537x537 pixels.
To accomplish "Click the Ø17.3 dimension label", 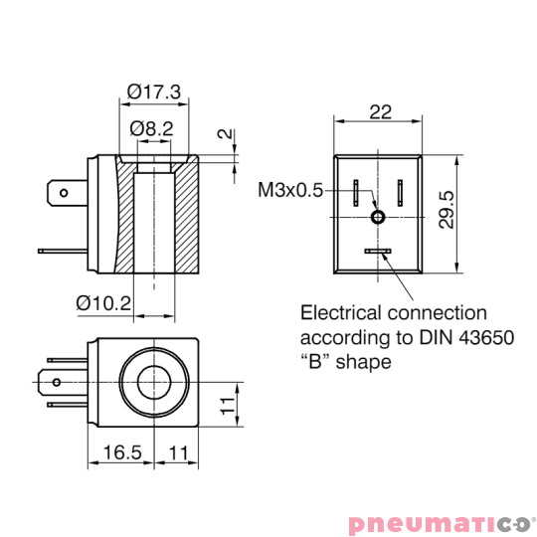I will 153,91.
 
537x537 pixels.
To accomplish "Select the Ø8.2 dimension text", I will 152,128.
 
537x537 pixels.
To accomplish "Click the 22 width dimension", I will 380,111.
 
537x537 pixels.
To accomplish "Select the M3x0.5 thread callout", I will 290,190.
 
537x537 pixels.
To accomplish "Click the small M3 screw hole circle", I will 378,217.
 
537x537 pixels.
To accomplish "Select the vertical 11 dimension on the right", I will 227,404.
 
